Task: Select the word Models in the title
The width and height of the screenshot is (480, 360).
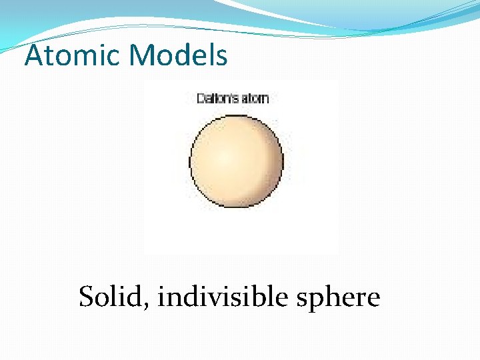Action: point(179,56)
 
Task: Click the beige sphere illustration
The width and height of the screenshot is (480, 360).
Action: point(237,161)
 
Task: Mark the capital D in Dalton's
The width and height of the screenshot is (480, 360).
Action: point(201,99)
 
